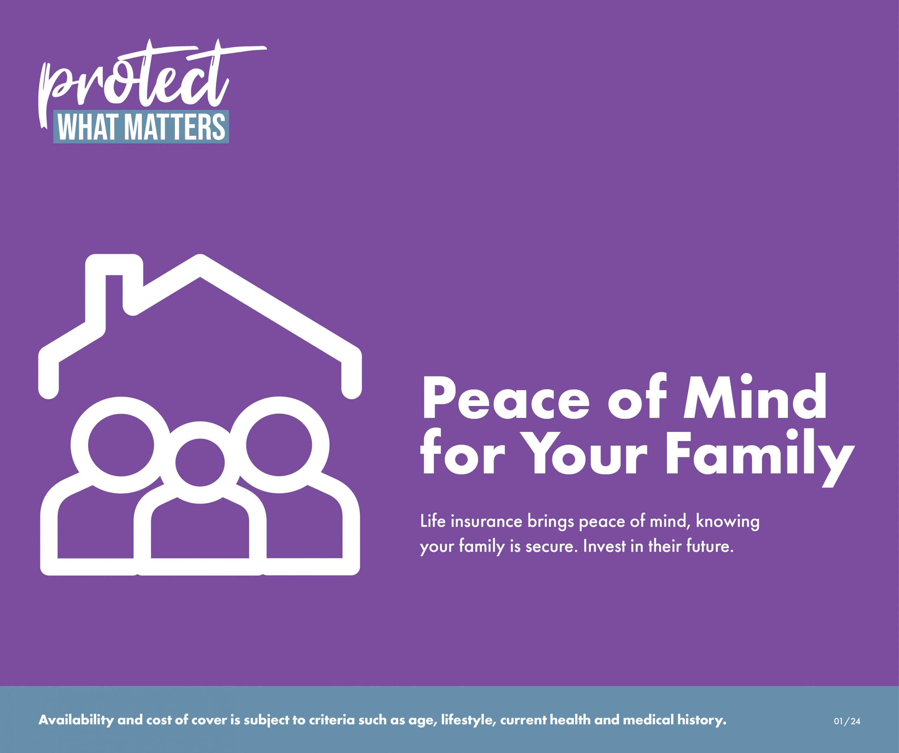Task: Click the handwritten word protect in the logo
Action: click(x=141, y=77)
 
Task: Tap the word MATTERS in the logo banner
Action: click(x=177, y=127)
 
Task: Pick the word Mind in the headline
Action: click(x=755, y=396)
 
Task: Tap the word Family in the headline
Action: click(x=760, y=456)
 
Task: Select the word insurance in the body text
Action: click(x=486, y=521)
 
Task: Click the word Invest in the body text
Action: click(x=604, y=546)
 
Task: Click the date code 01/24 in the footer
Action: click(x=847, y=721)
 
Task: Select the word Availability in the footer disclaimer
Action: click(x=76, y=720)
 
